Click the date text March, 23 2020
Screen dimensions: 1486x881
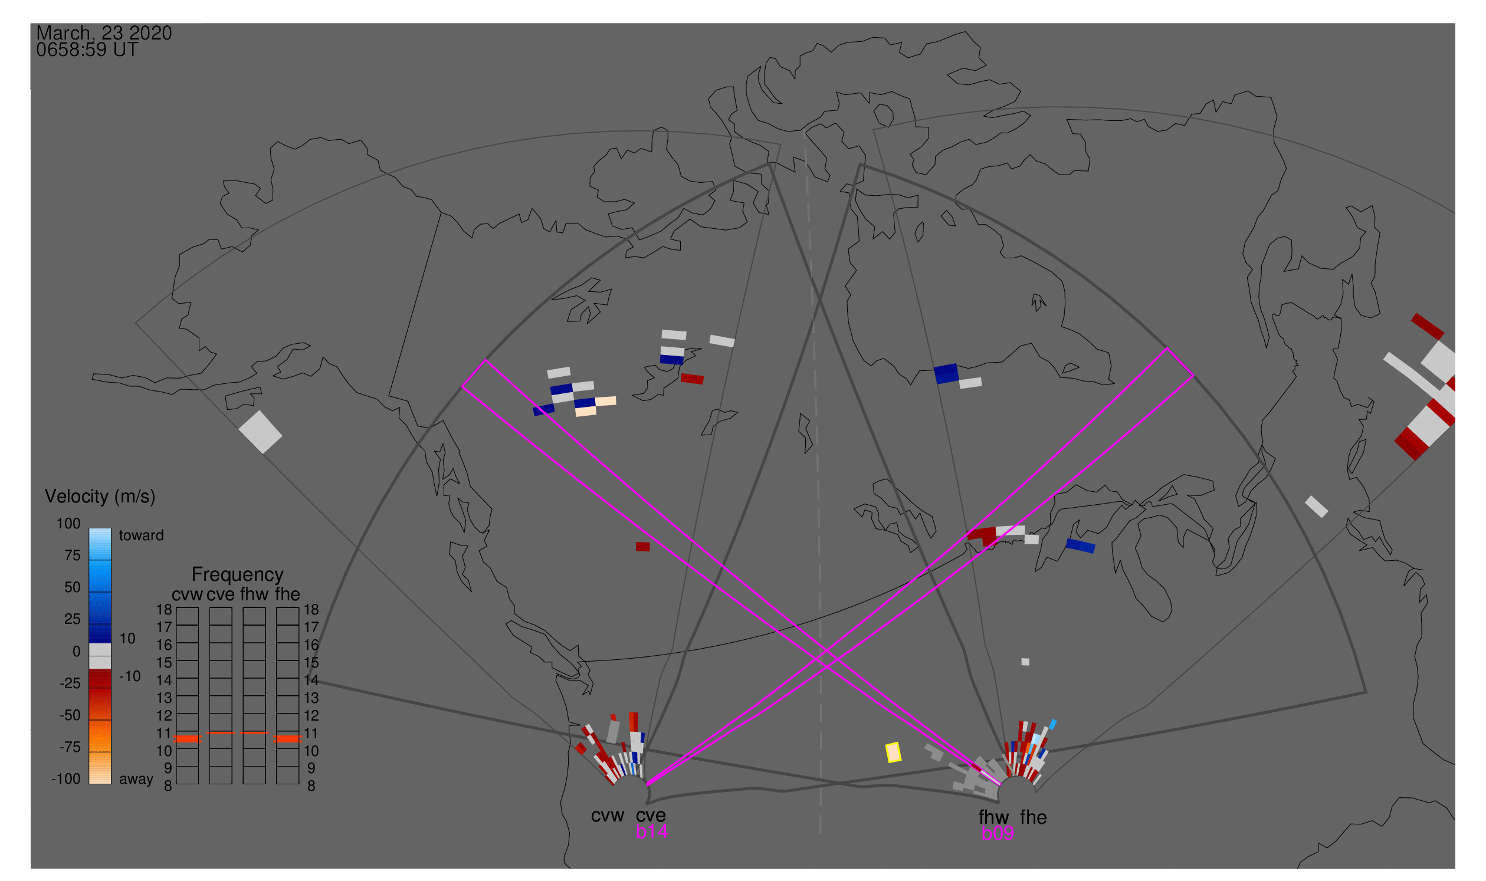tap(104, 33)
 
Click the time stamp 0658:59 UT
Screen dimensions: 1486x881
tap(87, 50)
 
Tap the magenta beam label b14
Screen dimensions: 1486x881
tap(651, 831)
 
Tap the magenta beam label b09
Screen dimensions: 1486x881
tap(997, 833)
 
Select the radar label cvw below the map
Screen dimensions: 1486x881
tap(607, 816)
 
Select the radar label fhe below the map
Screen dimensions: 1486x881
tap(1034, 817)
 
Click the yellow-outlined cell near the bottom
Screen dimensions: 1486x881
tap(893, 752)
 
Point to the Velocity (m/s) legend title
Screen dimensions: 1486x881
tap(100, 497)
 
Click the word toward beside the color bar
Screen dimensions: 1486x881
tap(142, 535)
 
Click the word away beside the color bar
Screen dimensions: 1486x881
tap(136, 780)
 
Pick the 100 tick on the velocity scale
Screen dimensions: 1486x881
tap(68, 524)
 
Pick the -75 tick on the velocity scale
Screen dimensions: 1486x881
tap(70, 747)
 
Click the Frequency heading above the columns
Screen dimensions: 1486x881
tap(238, 575)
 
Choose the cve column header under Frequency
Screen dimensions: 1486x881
tap(221, 595)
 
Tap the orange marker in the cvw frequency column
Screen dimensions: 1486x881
tap(187, 738)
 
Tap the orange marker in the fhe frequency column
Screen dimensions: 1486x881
tap(287, 738)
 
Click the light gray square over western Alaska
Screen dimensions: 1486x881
tap(260, 432)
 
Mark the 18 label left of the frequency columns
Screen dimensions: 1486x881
tap(164, 610)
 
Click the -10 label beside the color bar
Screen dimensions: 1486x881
tap(130, 676)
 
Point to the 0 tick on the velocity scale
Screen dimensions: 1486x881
tap(77, 651)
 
